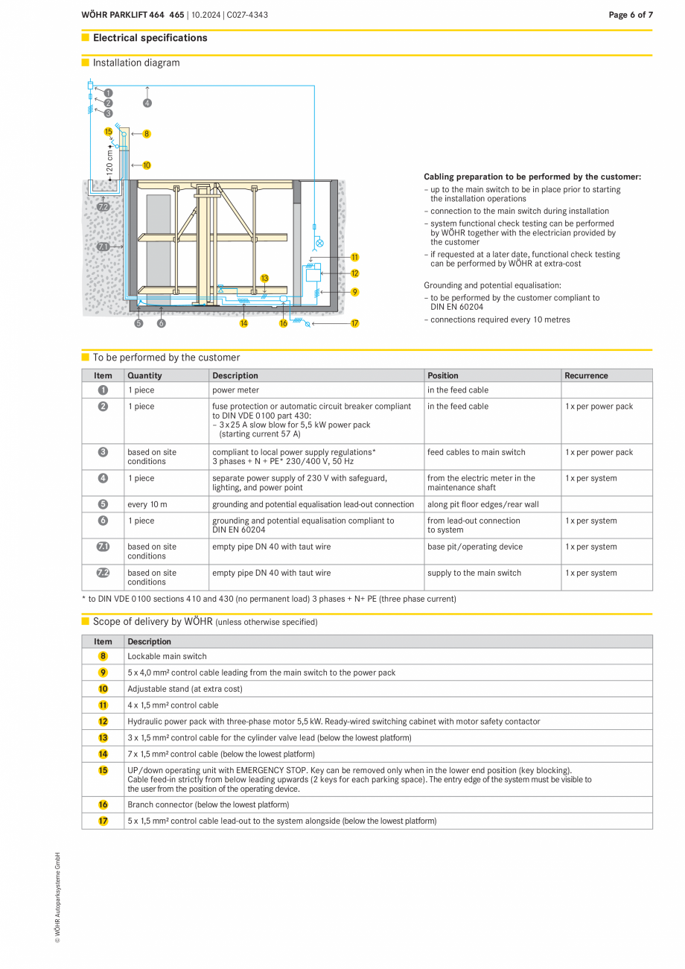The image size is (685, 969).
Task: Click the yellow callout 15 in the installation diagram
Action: tap(109, 131)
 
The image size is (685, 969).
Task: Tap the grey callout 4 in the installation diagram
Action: tap(147, 103)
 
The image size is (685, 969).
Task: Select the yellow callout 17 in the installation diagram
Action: tap(355, 323)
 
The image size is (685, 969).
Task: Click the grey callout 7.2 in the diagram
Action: tap(103, 207)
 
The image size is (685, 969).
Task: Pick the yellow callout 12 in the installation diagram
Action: tap(355, 273)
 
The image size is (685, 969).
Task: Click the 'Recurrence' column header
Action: tap(586, 375)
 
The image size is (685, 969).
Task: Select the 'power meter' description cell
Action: tap(235, 390)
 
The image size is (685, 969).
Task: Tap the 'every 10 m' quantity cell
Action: tap(147, 504)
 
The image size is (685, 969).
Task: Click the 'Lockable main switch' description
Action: tap(167, 656)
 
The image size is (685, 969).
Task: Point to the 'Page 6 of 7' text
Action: tap(630, 15)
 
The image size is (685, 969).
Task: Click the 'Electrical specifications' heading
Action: tap(150, 38)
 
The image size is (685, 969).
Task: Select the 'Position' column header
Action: tap(443, 375)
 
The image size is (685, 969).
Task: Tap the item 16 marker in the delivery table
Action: tap(103, 804)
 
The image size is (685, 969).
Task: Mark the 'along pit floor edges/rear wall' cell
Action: tap(482, 504)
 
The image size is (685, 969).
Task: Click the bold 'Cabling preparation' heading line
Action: tap(532, 177)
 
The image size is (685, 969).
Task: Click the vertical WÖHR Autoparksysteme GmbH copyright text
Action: tap(57, 897)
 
